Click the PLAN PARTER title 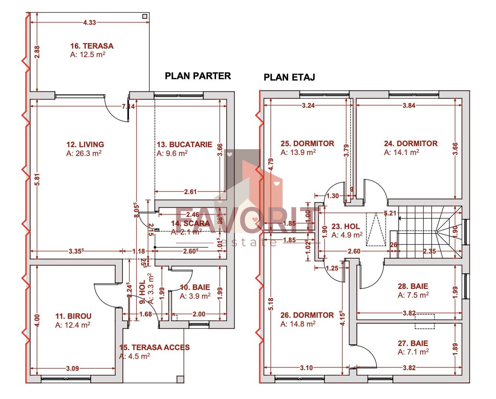(x=198, y=76)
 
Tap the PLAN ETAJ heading (x=289, y=77)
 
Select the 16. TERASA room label (x=92, y=46)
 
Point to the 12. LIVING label (x=85, y=144)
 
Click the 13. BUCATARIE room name (x=184, y=144)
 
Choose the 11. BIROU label (x=73, y=316)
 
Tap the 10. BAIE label (x=195, y=287)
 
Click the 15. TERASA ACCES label (x=154, y=347)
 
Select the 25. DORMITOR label (x=307, y=143)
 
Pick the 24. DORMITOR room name (x=411, y=143)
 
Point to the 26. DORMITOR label (x=307, y=315)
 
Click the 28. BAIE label (x=413, y=286)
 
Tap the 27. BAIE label (x=413, y=343)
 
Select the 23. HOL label (x=345, y=226)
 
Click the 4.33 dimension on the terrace (x=90, y=23)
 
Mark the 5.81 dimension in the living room (x=37, y=180)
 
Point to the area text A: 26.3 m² (x=84, y=153)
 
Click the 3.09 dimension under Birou (x=72, y=368)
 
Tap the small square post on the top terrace (x=145, y=16)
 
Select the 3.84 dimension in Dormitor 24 (x=409, y=105)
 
